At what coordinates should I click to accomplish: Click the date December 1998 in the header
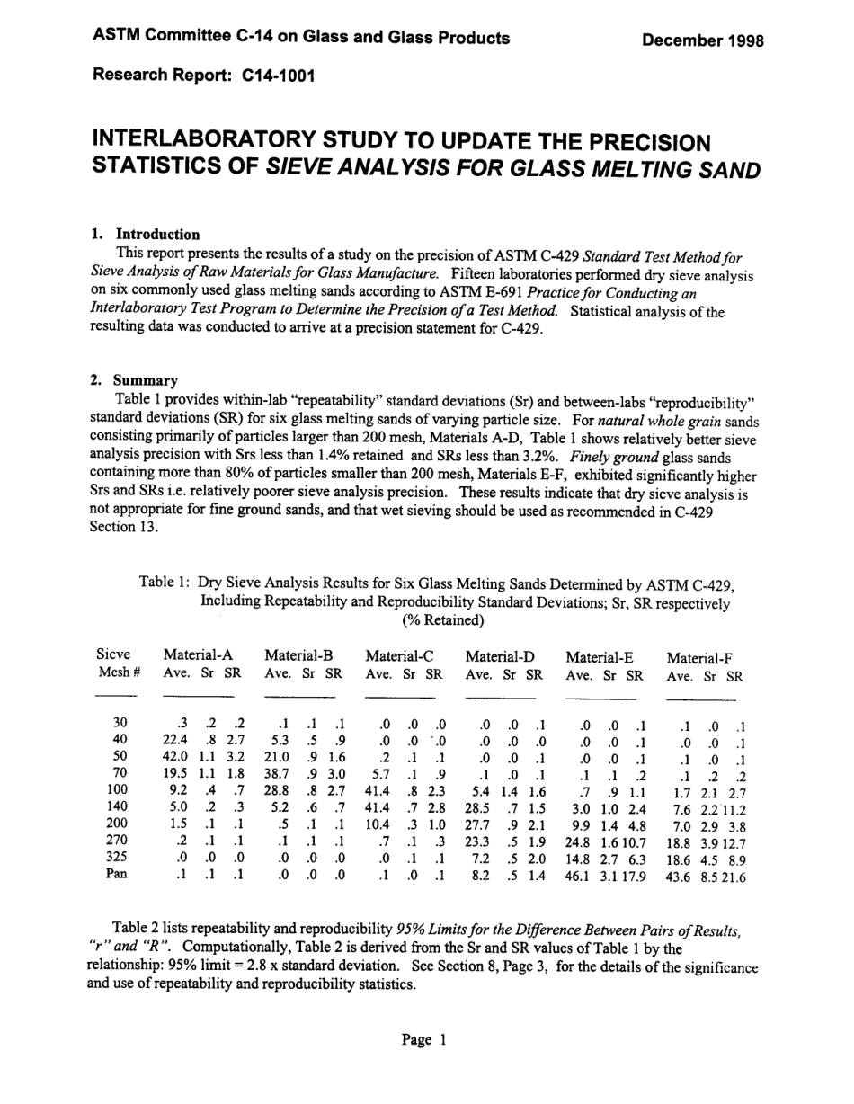coord(702,40)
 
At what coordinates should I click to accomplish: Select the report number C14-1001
coord(279,76)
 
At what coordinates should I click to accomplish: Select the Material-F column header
coord(699,658)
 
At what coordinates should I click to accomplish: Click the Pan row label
coord(116,873)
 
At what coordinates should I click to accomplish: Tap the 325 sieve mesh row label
coord(116,858)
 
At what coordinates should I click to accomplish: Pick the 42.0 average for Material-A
coord(175,756)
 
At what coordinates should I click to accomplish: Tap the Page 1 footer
coord(423,1040)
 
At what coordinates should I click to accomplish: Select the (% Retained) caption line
coord(442,620)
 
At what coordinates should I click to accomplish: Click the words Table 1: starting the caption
coord(164,583)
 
